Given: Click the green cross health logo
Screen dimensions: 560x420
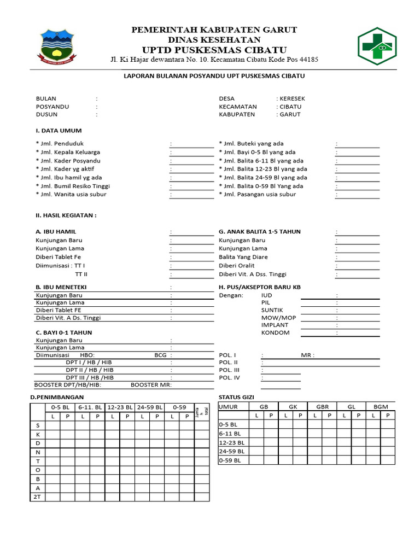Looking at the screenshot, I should [383, 45].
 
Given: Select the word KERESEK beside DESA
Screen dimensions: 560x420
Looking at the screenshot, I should [292, 98].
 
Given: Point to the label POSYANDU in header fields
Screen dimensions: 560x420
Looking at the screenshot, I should [52, 107].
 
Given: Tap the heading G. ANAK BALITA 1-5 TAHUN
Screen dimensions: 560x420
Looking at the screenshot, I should [260, 231].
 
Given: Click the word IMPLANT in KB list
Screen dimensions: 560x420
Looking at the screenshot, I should [275, 324].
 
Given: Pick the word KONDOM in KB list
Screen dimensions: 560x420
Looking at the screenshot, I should [276, 332].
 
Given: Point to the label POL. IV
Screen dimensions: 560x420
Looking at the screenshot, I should [229, 377].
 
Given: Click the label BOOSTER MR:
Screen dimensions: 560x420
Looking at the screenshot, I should [151, 384].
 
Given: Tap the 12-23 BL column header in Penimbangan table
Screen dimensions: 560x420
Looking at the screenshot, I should [119, 407].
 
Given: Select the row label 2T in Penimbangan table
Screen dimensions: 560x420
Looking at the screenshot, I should [38, 497].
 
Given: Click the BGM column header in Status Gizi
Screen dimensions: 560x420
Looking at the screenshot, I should [380, 407].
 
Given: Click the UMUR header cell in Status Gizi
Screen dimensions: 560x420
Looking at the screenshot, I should [229, 407].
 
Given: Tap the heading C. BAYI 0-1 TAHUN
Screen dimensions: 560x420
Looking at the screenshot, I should [63, 332].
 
